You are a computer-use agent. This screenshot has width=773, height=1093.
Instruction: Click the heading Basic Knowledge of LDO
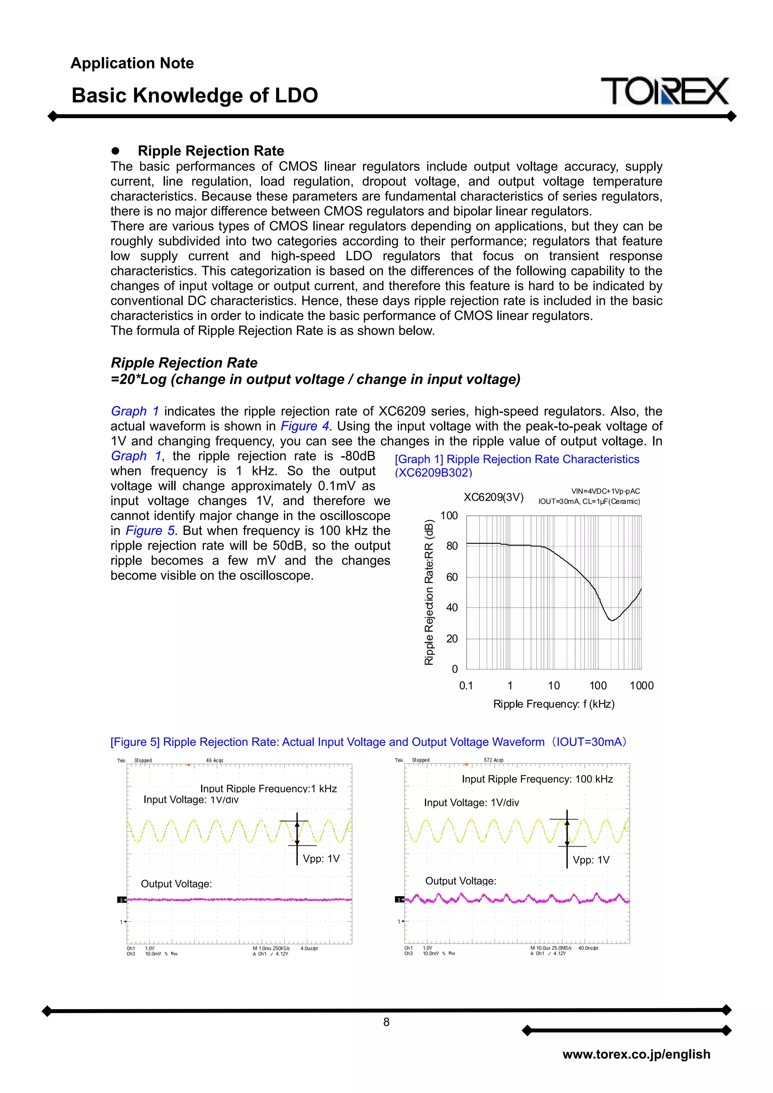194,95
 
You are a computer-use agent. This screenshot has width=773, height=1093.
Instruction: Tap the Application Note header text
132,63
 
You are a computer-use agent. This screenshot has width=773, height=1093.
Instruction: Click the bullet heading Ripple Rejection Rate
211,151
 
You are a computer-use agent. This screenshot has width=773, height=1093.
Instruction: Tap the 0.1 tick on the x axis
466,686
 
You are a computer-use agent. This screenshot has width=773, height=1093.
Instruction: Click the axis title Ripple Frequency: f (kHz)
553,704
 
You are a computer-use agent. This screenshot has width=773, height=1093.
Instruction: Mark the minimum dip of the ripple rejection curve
612,620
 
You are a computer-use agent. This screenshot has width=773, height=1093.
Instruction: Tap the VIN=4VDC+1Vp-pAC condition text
605,491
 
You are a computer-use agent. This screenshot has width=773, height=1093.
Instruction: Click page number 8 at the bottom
386,1022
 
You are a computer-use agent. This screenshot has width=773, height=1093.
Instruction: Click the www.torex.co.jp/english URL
636,1054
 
